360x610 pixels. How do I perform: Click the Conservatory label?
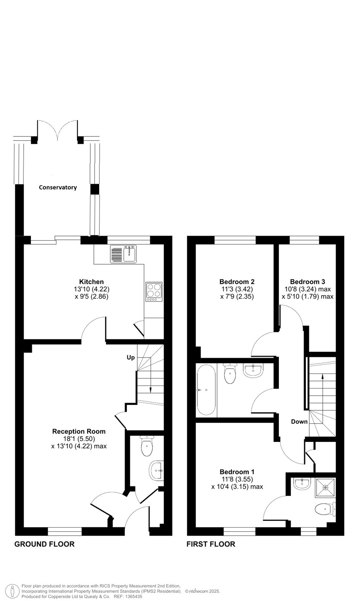(x=58, y=187)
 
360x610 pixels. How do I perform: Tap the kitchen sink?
(x=123, y=254)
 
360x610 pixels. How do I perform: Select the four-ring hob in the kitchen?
(x=154, y=292)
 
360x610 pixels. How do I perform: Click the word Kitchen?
(x=92, y=282)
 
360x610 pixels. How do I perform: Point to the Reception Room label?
(x=79, y=431)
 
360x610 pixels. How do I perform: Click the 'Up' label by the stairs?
(x=131, y=358)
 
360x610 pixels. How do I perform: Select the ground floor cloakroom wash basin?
(x=156, y=470)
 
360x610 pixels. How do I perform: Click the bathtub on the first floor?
(x=206, y=390)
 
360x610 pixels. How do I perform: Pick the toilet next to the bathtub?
(x=230, y=373)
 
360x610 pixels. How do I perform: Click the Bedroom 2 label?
(x=237, y=282)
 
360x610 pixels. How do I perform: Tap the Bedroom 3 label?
(x=307, y=282)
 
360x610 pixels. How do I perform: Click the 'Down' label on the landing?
(x=299, y=422)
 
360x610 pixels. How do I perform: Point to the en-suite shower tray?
(x=325, y=487)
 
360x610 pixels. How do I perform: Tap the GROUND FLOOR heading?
(x=44, y=544)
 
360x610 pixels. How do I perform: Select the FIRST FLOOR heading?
(x=211, y=544)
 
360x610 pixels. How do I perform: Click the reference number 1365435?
(x=133, y=596)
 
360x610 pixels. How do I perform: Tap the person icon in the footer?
(x=12, y=591)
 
